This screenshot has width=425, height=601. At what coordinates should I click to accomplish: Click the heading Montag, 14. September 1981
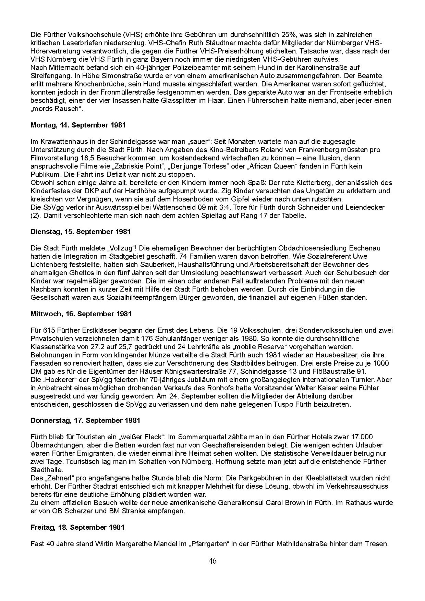78,125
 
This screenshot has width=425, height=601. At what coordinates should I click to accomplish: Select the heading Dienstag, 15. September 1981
80,232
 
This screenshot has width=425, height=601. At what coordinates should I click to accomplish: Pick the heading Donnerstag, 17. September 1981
85,420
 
